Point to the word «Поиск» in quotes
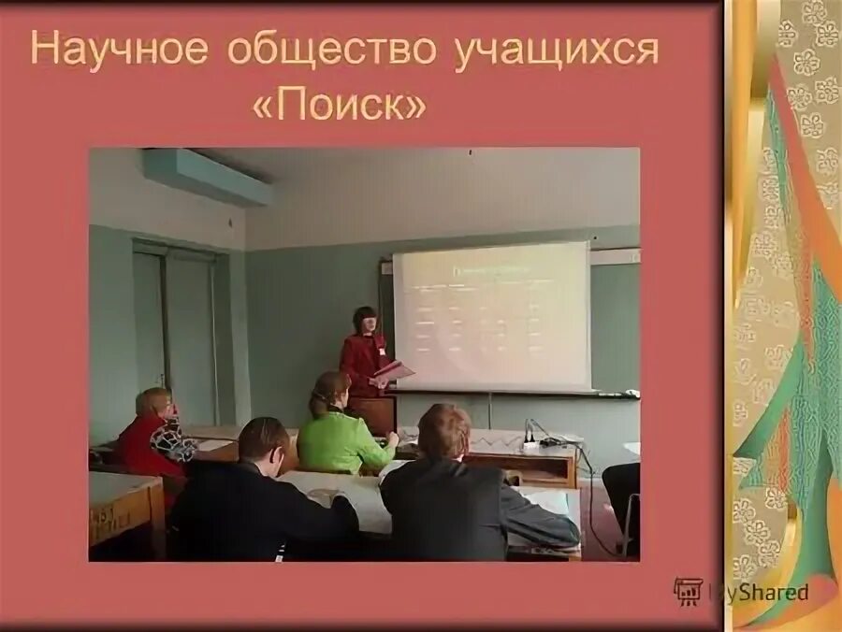339,104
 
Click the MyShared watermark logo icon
688,591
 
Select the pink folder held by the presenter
394,371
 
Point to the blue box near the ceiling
206,176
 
